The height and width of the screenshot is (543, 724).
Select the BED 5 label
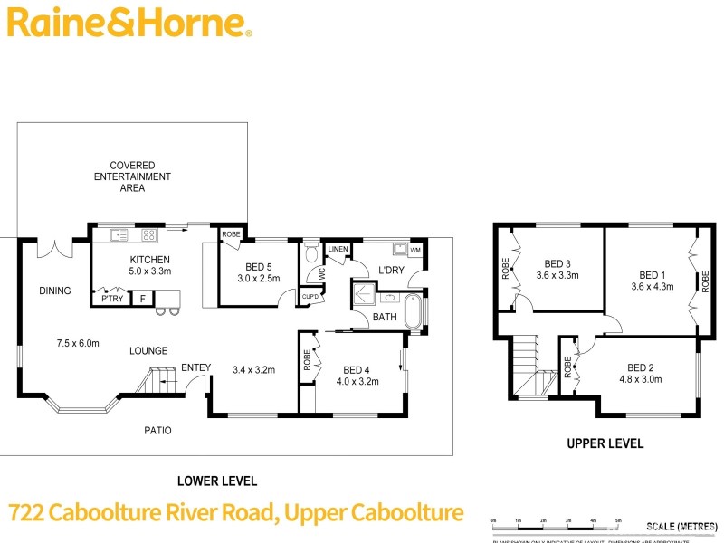pos(258,267)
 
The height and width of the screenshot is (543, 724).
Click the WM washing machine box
pos(415,250)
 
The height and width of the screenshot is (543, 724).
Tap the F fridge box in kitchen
pos(142,299)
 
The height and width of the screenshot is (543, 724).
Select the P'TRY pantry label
pos(112,299)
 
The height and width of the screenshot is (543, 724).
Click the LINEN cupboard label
pos(338,249)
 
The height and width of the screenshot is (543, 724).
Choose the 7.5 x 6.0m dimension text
pos(78,343)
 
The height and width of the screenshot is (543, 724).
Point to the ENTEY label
pos(195,367)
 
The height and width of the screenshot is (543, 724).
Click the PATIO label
pos(157,430)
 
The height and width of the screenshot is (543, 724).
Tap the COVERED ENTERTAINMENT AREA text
pos(132,176)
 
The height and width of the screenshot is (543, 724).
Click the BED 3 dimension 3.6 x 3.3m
pos(557,275)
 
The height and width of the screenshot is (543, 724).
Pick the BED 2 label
pos(640,367)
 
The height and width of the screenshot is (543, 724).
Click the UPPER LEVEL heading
pos(605,443)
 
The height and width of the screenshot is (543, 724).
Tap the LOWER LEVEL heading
pos(216,481)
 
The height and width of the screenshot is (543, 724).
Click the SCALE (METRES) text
pos(678,526)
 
